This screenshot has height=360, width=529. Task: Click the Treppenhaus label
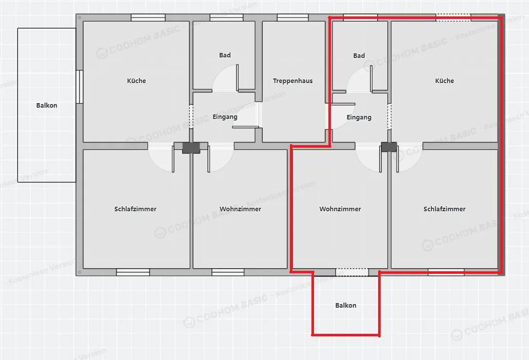click(292, 81)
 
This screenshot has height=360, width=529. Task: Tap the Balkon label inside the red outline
click(345, 306)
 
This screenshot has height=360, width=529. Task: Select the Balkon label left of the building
click(47, 106)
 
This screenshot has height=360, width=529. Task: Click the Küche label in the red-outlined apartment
click(444, 81)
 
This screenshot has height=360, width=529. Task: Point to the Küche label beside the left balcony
click(136, 81)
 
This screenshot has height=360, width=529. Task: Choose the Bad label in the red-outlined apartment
click(359, 55)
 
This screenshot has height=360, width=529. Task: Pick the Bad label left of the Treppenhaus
click(225, 55)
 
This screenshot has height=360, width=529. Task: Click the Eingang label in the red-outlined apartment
click(359, 117)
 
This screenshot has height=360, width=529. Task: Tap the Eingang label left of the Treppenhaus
click(225, 117)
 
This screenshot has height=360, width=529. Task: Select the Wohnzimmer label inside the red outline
click(340, 209)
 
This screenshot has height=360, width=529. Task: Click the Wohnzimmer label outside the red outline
click(240, 209)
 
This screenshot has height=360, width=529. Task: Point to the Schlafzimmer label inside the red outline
click(444, 209)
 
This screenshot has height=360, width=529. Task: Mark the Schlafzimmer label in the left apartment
click(135, 209)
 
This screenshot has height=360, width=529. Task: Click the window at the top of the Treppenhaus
click(292, 17)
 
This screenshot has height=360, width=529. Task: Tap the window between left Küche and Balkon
click(80, 87)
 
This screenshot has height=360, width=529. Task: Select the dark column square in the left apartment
click(191, 148)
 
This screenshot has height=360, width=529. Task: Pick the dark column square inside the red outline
click(388, 147)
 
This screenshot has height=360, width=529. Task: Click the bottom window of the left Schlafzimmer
click(133, 272)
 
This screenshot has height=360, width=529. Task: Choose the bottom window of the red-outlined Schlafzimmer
click(446, 272)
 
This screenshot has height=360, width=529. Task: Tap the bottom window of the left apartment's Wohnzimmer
click(228, 272)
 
